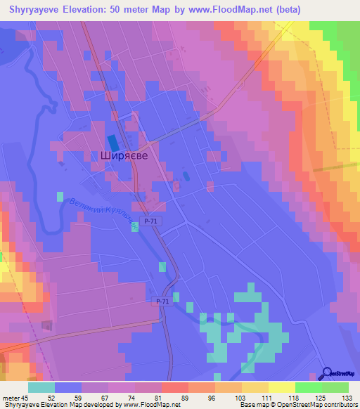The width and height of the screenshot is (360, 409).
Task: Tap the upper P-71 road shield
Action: [147, 221]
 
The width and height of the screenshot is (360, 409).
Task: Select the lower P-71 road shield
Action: [162, 301]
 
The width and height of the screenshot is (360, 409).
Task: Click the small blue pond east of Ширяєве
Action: [186, 175]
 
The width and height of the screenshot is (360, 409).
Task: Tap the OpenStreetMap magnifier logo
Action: [328, 372]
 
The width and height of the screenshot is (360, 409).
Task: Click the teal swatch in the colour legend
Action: [41, 387]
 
